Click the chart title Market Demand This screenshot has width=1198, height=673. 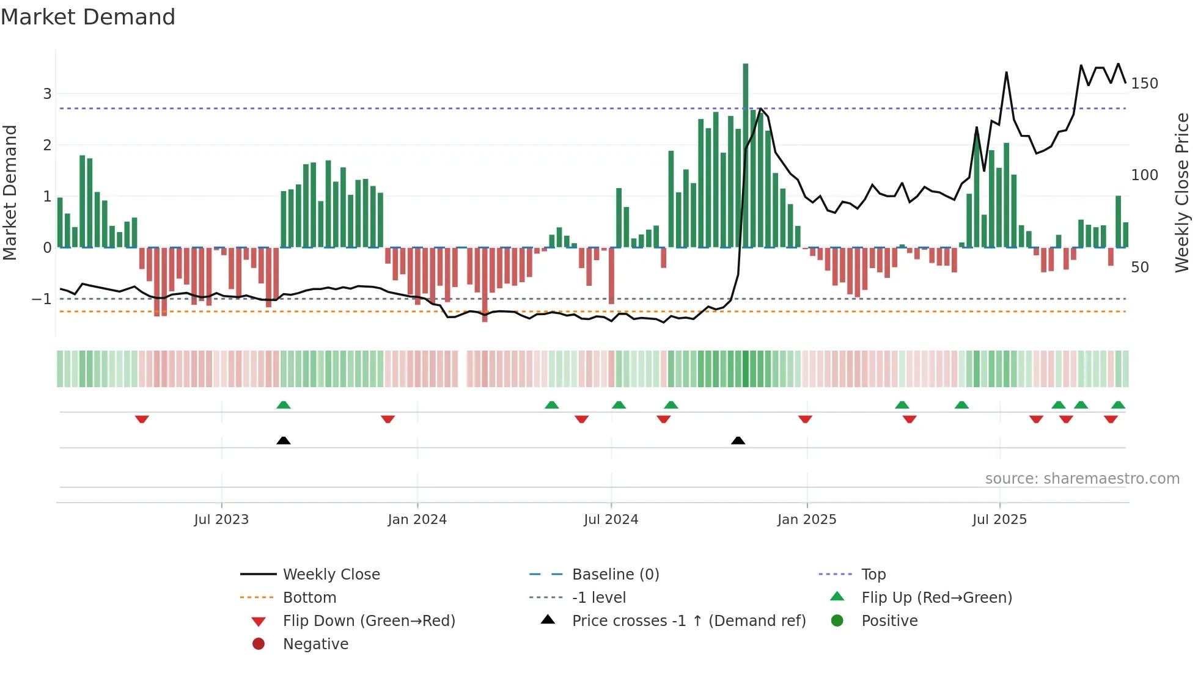(x=88, y=17)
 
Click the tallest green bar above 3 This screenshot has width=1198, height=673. (x=745, y=153)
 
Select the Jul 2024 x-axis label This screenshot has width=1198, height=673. (x=611, y=520)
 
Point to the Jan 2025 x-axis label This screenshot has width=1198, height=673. (x=807, y=520)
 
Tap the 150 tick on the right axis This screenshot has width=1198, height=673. (x=1144, y=84)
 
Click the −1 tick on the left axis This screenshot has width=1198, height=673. (x=42, y=299)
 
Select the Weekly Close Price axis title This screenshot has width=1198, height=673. (x=1182, y=192)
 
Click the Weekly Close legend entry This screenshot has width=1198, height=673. (x=331, y=575)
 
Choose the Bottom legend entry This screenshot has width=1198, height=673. (x=309, y=598)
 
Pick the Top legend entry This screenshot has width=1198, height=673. (x=873, y=575)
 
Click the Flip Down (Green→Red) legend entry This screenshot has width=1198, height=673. (x=369, y=621)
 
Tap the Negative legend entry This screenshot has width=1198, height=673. (x=315, y=644)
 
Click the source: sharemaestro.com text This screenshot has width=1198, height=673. (x=1082, y=479)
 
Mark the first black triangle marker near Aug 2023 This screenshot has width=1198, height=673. (x=283, y=440)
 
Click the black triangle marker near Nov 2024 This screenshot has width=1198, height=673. (x=738, y=440)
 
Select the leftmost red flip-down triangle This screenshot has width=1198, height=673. (x=142, y=419)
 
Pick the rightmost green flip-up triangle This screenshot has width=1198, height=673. (x=1118, y=405)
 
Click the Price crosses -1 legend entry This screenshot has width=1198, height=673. (x=689, y=621)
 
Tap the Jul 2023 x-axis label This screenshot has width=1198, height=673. (x=221, y=520)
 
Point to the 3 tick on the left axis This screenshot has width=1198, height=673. (x=47, y=94)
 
